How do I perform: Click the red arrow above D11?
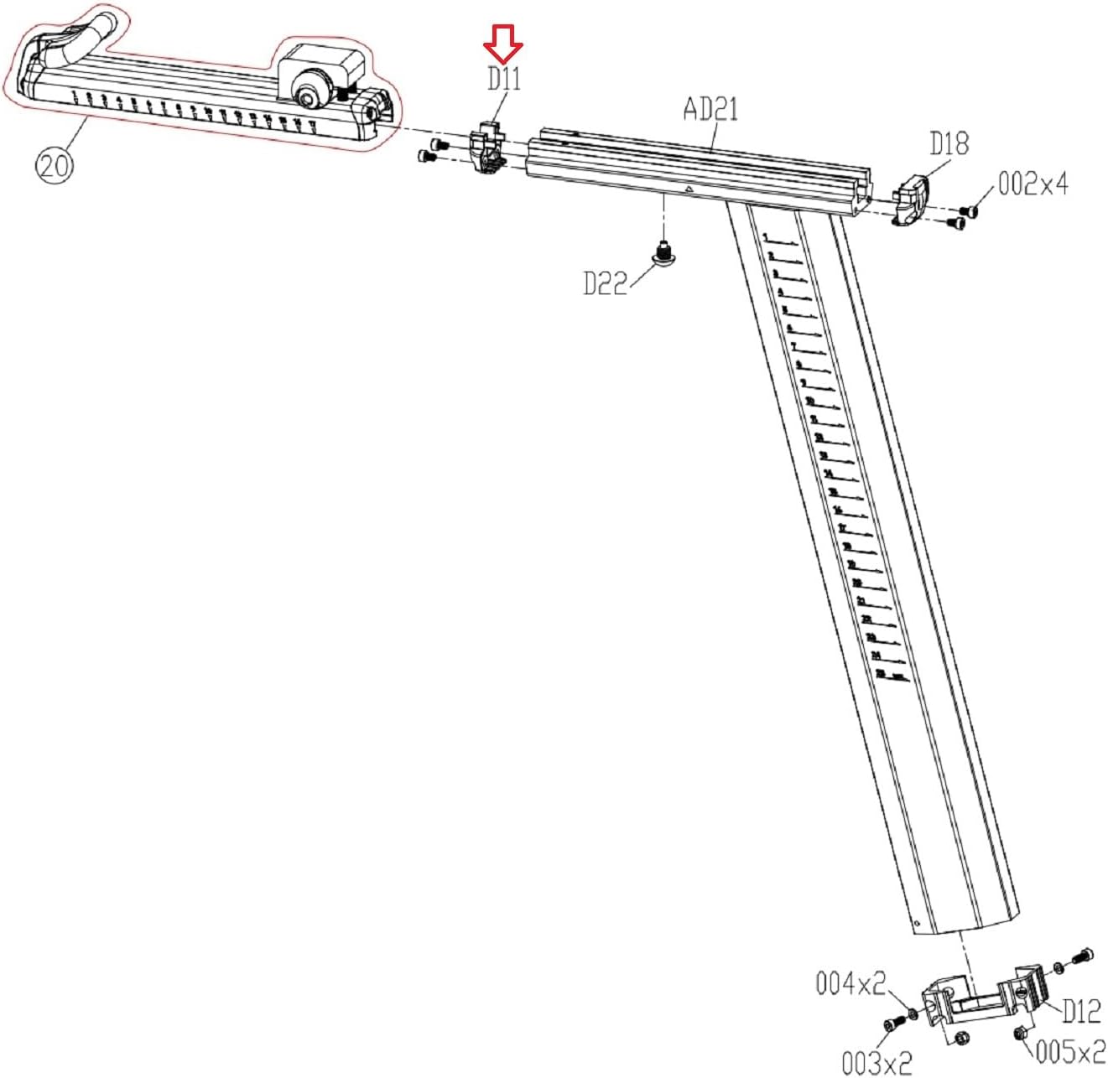(503, 44)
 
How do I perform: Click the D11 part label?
(504, 79)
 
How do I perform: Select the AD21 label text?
(710, 109)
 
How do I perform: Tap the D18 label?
(949, 143)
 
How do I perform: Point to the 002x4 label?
(1033, 184)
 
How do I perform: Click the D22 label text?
(605, 283)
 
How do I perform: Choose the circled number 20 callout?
(54, 165)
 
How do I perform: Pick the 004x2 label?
(851, 983)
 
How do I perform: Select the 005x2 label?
(1069, 1051)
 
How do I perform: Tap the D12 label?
(1081, 1011)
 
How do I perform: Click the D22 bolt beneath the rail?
(664, 252)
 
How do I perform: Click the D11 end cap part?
(489, 148)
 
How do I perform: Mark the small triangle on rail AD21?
(688, 190)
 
